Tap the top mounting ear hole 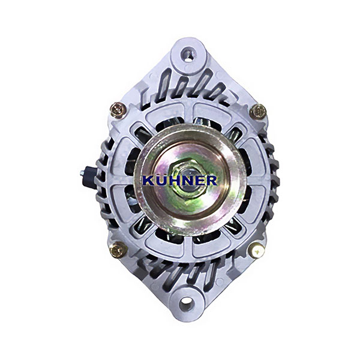(189, 55)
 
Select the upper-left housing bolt (118, 110)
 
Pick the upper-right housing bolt (258, 112)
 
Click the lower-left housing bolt (119, 250)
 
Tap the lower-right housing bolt (257, 250)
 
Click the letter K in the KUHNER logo (149, 180)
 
